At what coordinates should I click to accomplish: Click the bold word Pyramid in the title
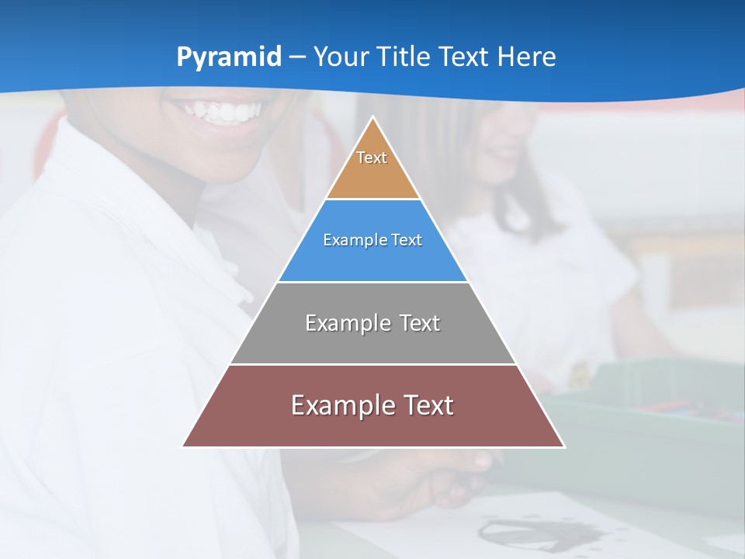click(x=229, y=57)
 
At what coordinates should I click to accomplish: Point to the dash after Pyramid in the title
click(x=297, y=57)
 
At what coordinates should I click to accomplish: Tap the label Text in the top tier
click(x=372, y=158)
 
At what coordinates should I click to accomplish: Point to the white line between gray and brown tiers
click(x=372, y=364)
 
